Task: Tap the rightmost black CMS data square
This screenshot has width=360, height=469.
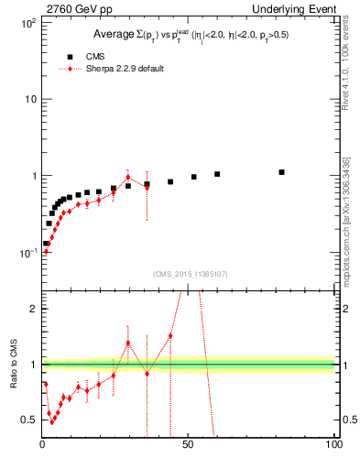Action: tap(281, 172)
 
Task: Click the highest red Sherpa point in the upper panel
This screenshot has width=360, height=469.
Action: tap(128, 178)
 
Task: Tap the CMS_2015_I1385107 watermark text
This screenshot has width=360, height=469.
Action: tap(188, 273)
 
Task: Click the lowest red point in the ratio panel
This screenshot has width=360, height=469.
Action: tap(52, 421)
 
